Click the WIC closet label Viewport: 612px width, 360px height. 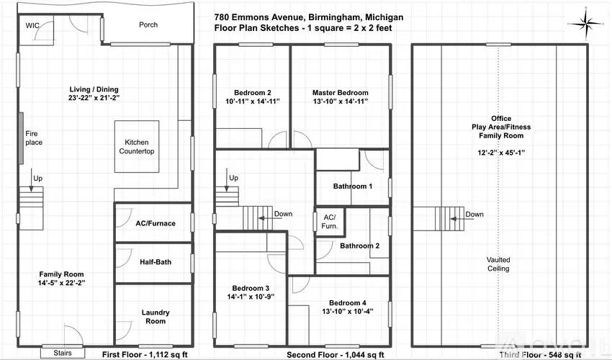(x=32, y=25)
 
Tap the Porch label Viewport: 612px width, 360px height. (x=148, y=25)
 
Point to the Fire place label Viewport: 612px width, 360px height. (x=34, y=138)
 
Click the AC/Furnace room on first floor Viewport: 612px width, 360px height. (x=156, y=223)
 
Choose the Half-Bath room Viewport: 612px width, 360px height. (x=156, y=262)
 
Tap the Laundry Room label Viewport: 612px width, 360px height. (x=156, y=317)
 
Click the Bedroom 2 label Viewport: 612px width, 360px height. (x=252, y=92)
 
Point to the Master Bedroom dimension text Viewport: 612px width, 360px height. (x=340, y=102)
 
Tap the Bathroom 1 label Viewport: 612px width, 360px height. (x=353, y=186)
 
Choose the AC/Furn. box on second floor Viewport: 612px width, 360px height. (x=329, y=220)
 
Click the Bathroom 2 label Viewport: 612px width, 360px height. (x=359, y=246)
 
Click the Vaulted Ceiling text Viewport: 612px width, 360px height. (x=498, y=264)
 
